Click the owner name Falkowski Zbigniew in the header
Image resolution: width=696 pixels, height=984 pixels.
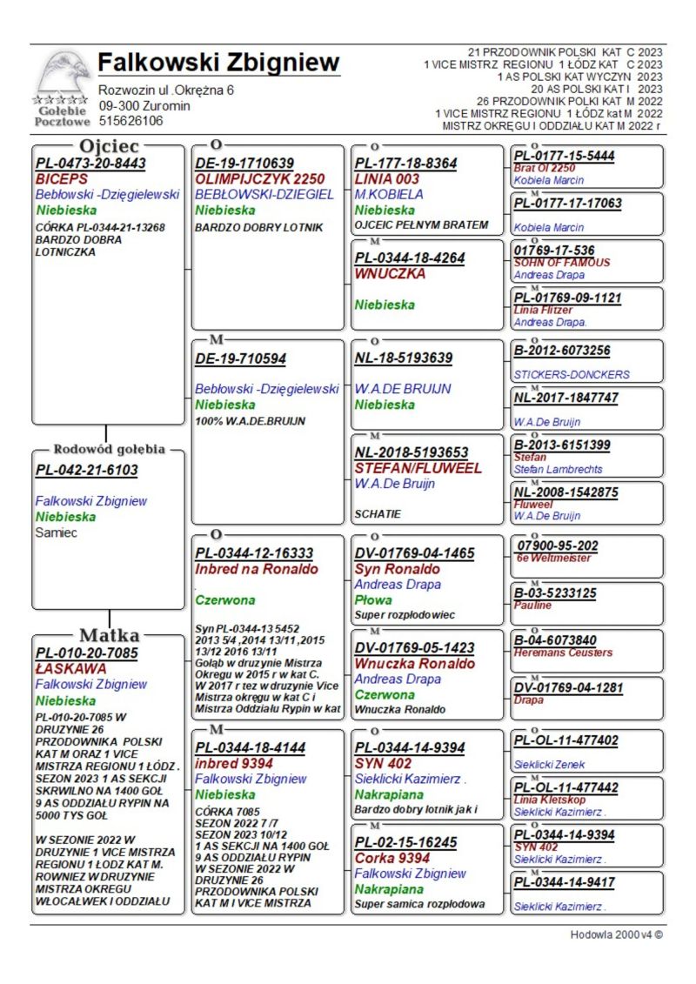click(218, 64)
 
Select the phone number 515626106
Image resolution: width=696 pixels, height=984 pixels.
click(130, 121)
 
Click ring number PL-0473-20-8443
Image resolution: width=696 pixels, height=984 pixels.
click(90, 163)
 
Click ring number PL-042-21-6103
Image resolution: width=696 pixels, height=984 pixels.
click(86, 470)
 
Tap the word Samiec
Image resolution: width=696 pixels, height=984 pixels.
click(57, 532)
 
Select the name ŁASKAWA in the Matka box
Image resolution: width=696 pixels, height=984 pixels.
click(71, 668)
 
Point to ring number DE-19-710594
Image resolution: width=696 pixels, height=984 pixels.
click(241, 358)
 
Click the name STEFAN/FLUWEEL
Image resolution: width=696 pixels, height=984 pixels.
click(418, 468)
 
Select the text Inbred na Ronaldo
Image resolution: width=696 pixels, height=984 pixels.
click(257, 569)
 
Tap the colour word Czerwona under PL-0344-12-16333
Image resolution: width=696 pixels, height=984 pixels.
click(224, 600)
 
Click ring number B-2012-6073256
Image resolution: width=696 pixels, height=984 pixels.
click(562, 351)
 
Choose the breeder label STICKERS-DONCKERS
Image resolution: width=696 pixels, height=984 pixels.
click(571, 375)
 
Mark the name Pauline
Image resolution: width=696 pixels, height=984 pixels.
click(532, 606)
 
